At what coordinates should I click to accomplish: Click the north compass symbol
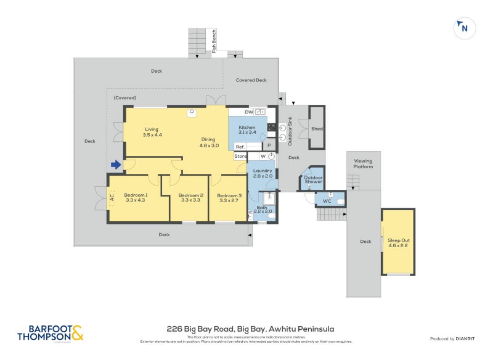click(x=463, y=28)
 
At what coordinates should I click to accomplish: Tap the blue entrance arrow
click(x=115, y=165)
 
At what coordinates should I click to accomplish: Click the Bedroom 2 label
click(x=190, y=197)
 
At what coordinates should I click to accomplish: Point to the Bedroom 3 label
click(x=229, y=197)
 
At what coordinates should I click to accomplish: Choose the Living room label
click(x=152, y=132)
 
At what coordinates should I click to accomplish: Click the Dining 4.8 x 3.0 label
click(x=209, y=143)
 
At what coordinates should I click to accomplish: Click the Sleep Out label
click(x=397, y=242)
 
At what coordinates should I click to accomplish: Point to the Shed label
click(x=317, y=129)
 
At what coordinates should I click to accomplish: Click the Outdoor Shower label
click(x=314, y=179)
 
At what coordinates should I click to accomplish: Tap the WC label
click(x=327, y=201)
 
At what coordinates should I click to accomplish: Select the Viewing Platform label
click(x=362, y=164)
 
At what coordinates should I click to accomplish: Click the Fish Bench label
click(x=214, y=41)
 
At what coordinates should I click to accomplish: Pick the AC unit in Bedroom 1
click(x=112, y=198)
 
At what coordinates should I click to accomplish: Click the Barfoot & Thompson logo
click(x=50, y=333)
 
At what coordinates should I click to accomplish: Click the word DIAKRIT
click(x=468, y=339)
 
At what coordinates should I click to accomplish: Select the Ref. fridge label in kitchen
click(x=240, y=147)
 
